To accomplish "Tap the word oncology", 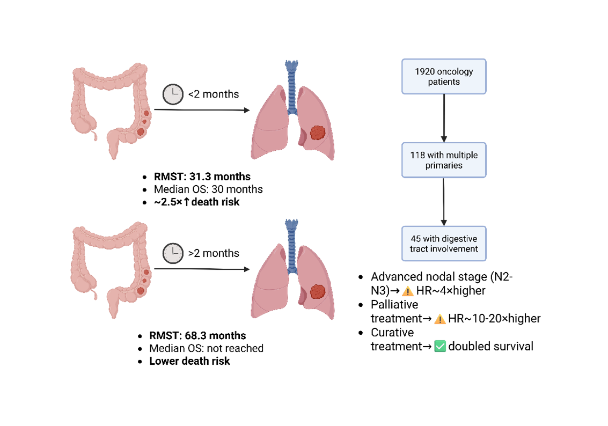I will (455, 71).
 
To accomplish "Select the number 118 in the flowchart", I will (417, 155).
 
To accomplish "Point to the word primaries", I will (444, 166).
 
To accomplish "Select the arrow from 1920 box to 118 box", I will (444, 118).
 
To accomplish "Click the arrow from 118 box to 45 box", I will (444, 202).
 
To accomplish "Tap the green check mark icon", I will (440, 346).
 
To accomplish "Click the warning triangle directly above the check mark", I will (440, 320).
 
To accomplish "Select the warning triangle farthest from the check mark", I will (408, 291).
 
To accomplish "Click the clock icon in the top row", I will (173, 95).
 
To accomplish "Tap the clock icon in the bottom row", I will (173, 253).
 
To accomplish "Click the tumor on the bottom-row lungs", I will (318, 292).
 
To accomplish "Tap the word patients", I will (444, 82).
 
